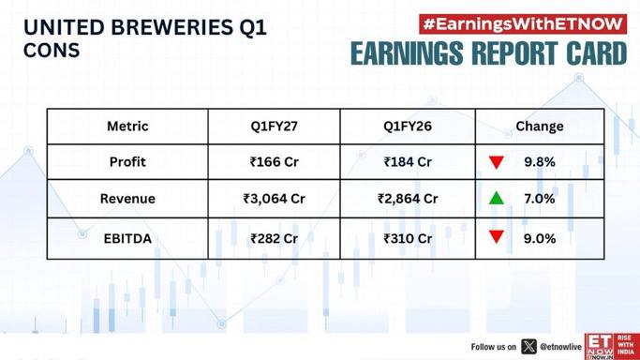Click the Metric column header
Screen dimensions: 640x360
pyautogui.click(x=127, y=127)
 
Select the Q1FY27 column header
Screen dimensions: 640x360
pyautogui.click(x=274, y=127)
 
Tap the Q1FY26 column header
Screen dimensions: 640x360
pyautogui.click(x=408, y=127)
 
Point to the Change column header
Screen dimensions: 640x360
pyautogui.click(x=540, y=127)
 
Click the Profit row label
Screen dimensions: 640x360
pyautogui.click(x=127, y=161)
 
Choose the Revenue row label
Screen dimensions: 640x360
pyautogui.click(x=127, y=199)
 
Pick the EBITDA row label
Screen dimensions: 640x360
pyautogui.click(x=127, y=238)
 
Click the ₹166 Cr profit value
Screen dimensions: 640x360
pyautogui.click(x=274, y=161)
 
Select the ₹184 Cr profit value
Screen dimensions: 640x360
pyautogui.click(x=408, y=161)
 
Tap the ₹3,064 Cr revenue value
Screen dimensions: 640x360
pyautogui.click(x=274, y=199)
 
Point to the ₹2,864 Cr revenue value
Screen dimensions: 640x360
pyautogui.click(x=408, y=199)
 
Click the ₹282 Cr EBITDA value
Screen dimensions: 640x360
pyautogui.click(x=274, y=238)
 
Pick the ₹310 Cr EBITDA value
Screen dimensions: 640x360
pyautogui.click(x=408, y=238)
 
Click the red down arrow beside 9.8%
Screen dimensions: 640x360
pyautogui.click(x=497, y=162)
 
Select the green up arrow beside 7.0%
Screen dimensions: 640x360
pyautogui.click(x=497, y=198)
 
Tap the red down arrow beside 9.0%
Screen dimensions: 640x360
pyautogui.click(x=497, y=237)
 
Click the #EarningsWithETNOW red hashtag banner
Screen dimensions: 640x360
pyautogui.click(x=523, y=24)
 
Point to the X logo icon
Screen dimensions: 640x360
pyautogui.click(x=528, y=347)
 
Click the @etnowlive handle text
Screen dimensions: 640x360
pyautogui.click(x=560, y=347)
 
